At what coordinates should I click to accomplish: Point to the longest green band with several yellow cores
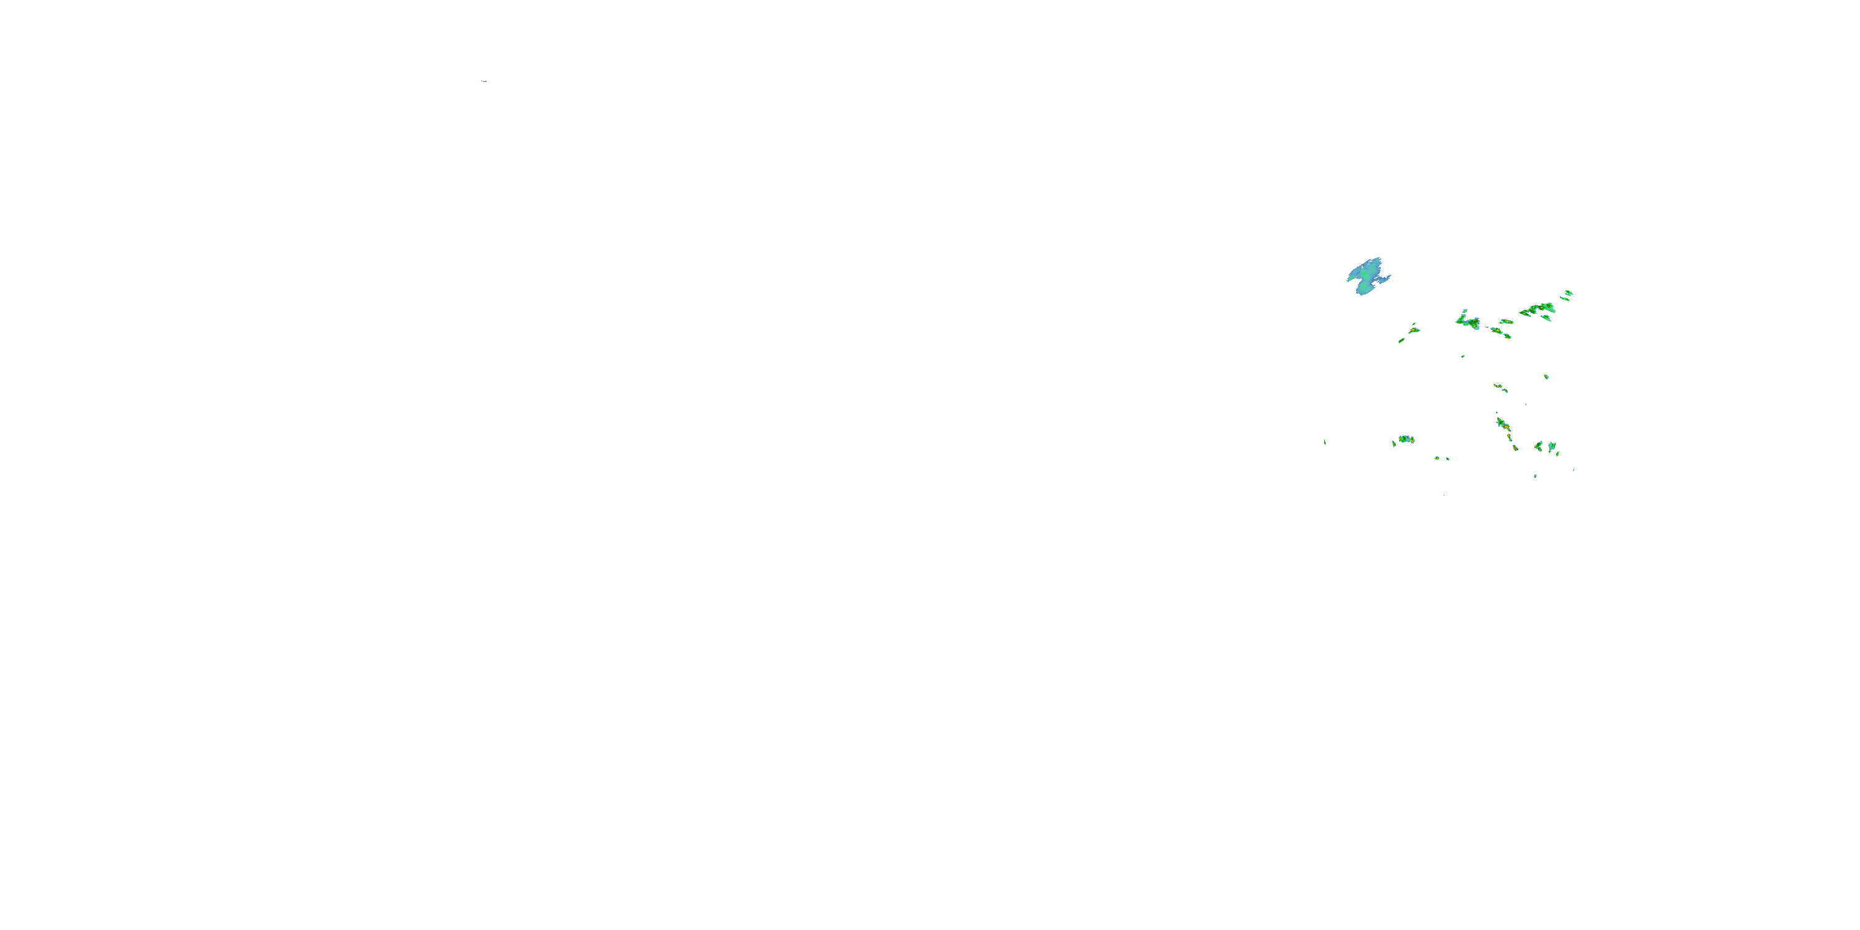[1538, 309]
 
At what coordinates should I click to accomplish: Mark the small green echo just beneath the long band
[1546, 317]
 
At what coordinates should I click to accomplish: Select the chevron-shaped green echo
[1539, 446]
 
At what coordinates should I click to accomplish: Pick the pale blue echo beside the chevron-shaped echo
[1551, 446]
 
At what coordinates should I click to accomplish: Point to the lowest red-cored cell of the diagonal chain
[1515, 448]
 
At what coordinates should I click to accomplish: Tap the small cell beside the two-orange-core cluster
[1394, 443]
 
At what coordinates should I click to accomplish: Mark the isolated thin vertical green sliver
[1324, 442]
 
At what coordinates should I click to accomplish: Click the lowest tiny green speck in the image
[1443, 495]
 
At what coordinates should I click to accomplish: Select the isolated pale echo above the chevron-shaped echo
[1546, 377]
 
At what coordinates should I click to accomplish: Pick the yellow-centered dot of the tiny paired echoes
[1438, 458]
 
